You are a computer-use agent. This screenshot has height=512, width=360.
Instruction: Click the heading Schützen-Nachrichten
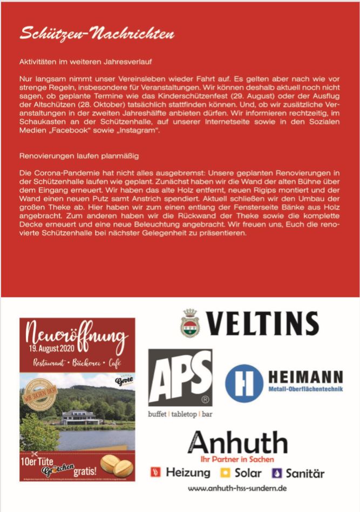97,34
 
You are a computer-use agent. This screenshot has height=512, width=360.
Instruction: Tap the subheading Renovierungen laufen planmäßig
79,156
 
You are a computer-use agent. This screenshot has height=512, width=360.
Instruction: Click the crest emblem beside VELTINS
190,324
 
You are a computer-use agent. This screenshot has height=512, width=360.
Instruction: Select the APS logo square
180,377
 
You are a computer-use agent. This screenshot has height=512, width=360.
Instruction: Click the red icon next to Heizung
156,473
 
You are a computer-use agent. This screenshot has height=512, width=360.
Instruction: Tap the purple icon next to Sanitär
277,473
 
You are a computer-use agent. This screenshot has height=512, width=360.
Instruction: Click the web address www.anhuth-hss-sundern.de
236,488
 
